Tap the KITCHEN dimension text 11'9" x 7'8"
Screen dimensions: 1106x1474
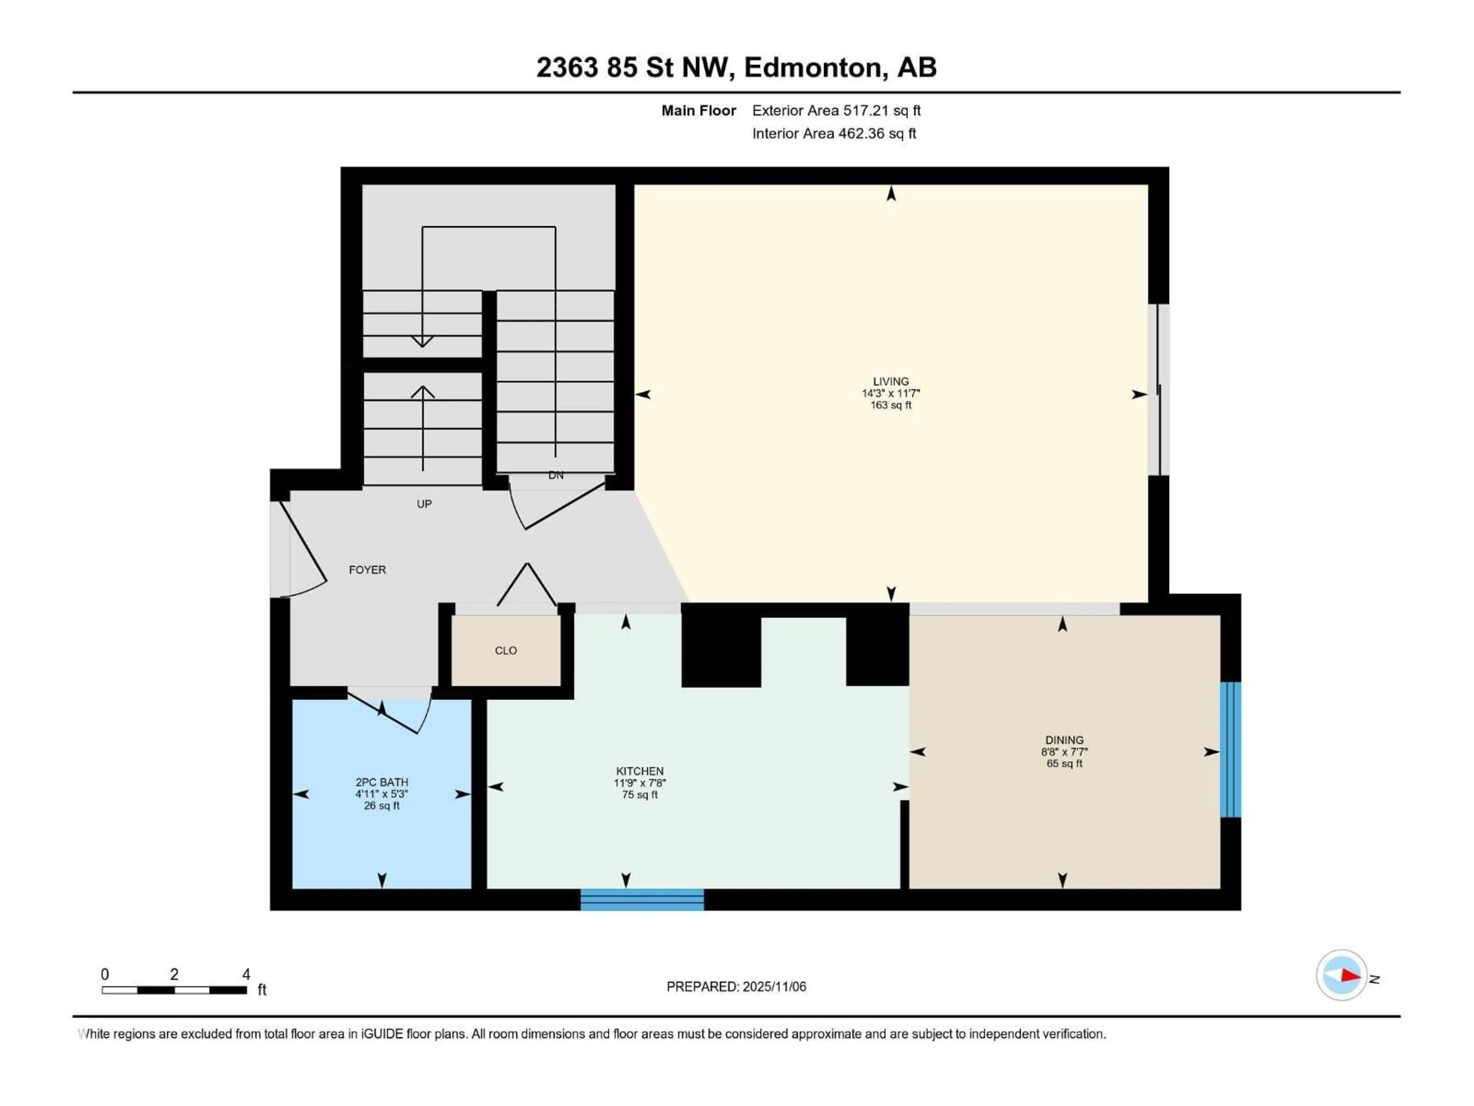(640, 783)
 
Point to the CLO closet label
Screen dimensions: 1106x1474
(506, 651)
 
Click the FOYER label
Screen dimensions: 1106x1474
(367, 570)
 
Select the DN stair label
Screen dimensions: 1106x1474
(556, 475)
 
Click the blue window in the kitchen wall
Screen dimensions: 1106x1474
(642, 899)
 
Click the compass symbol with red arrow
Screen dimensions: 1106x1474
(1342, 975)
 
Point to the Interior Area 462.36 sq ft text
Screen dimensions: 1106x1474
(834, 133)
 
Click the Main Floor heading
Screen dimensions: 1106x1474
(698, 111)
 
